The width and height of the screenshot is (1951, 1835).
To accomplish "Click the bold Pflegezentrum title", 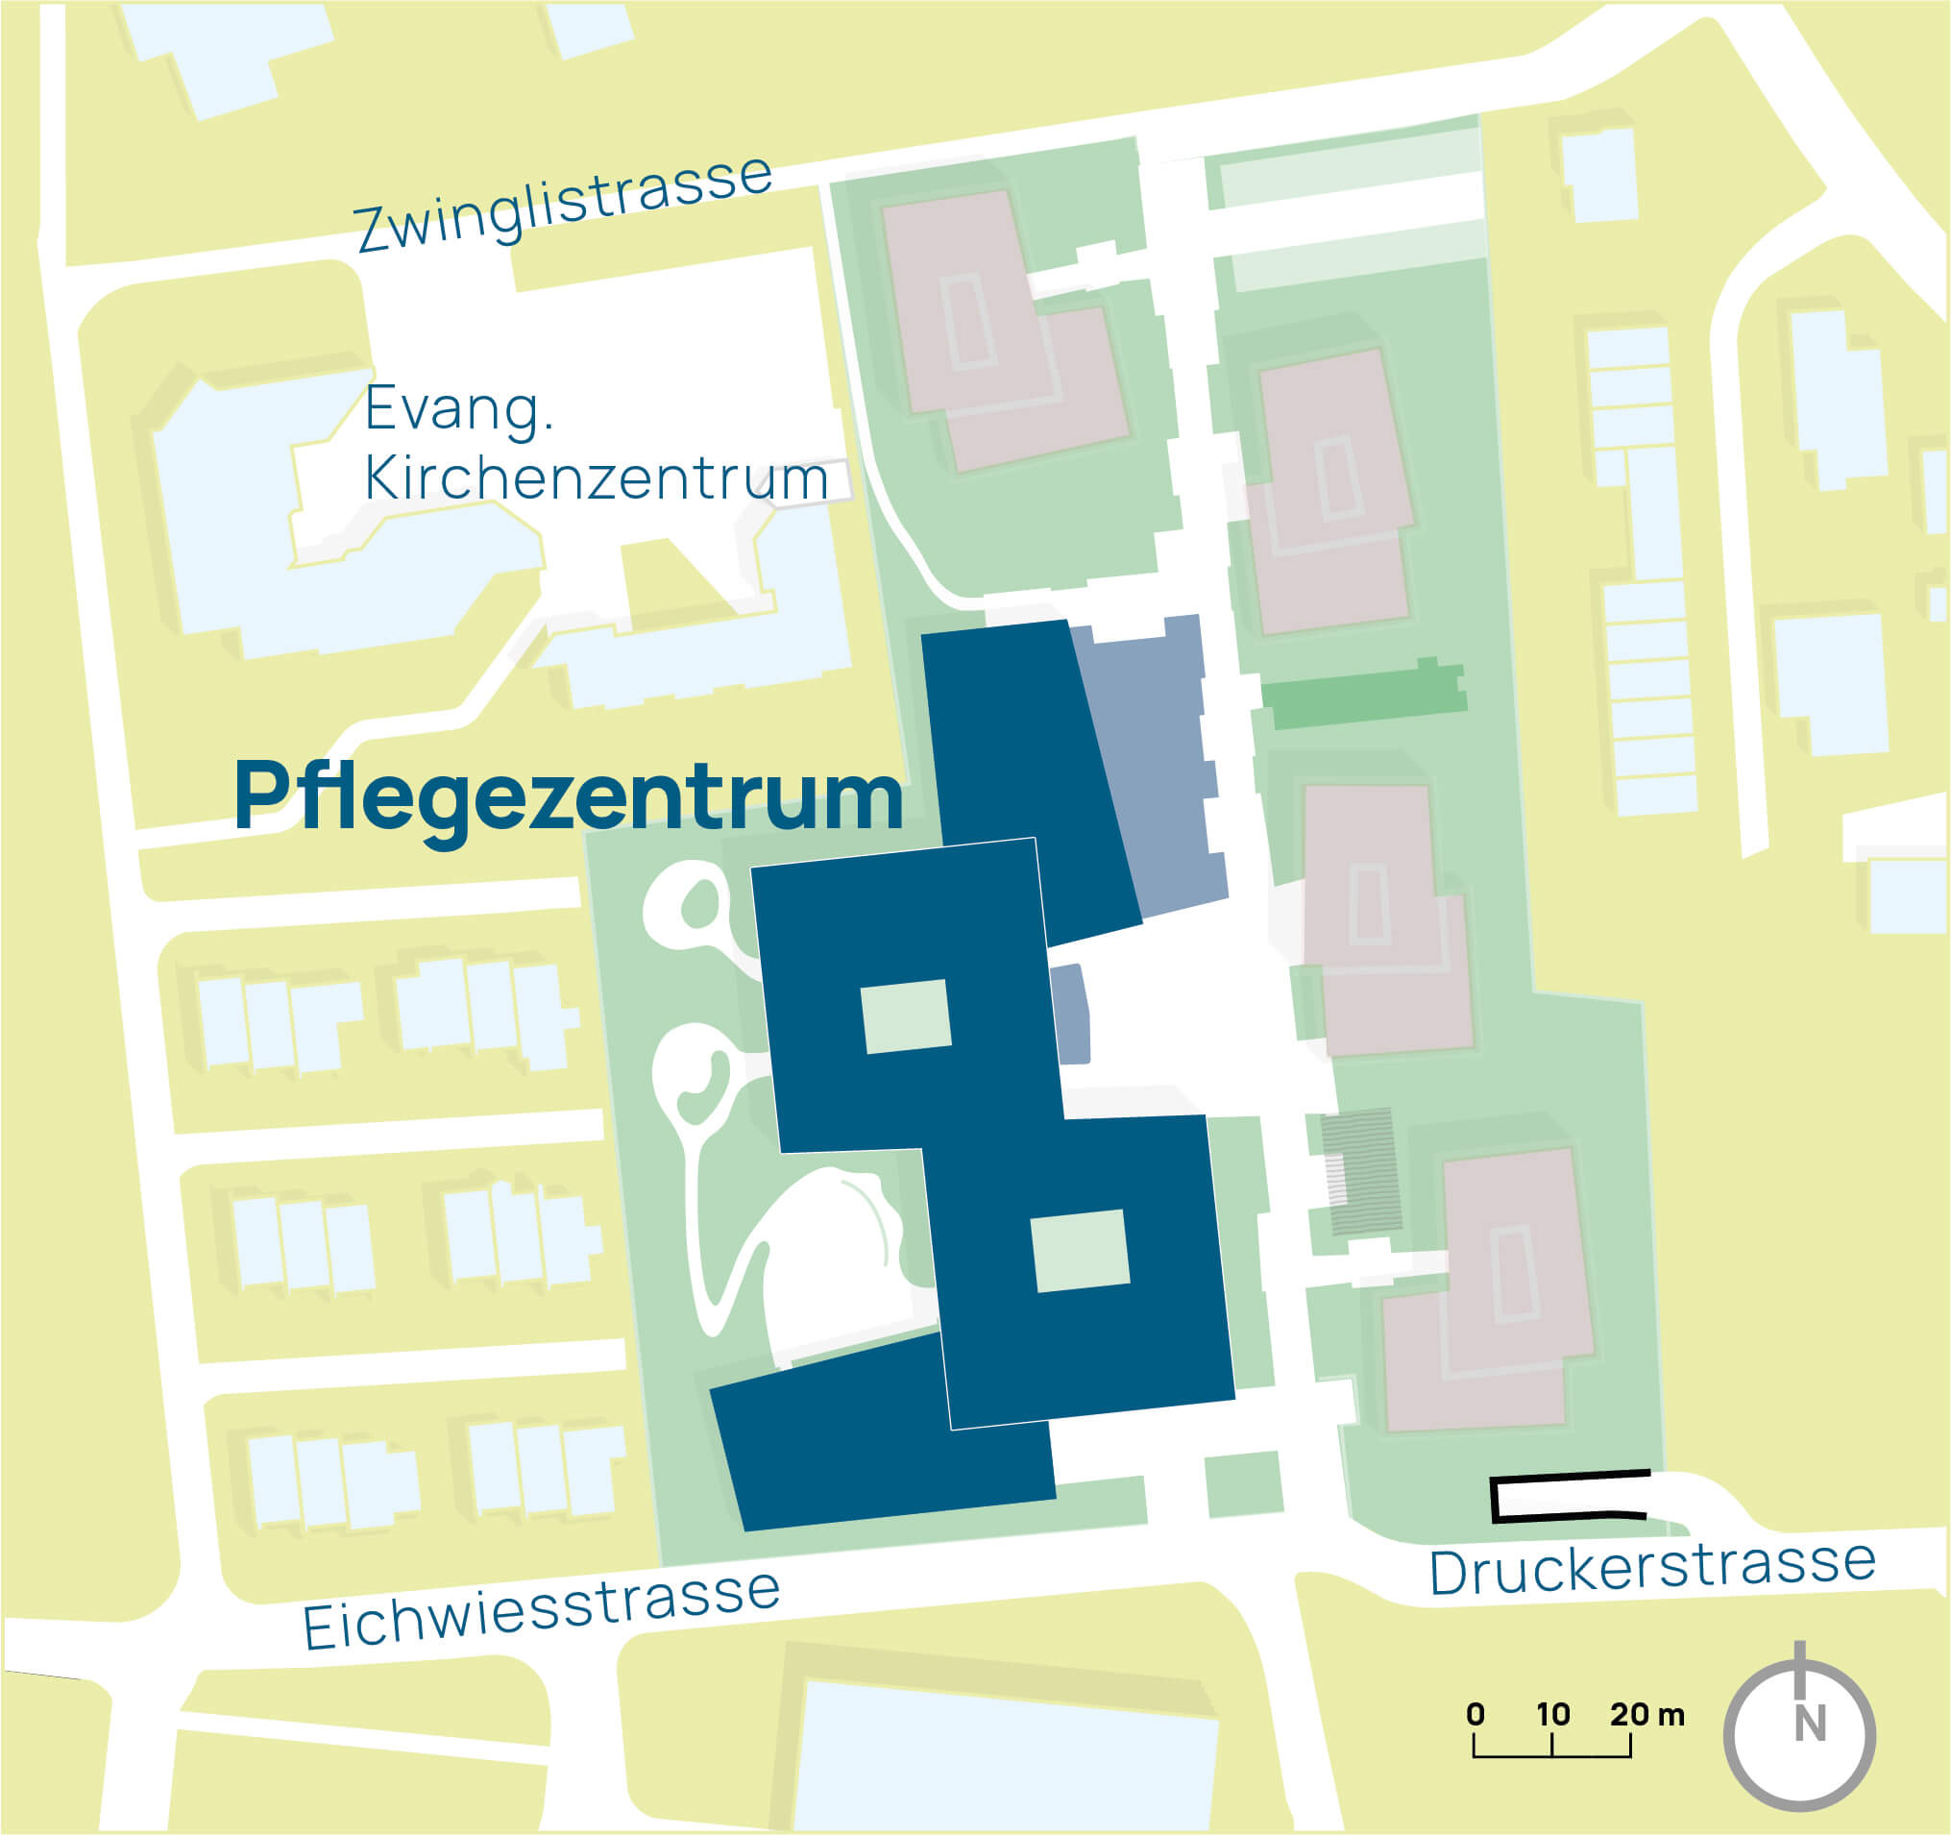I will [x=569, y=796].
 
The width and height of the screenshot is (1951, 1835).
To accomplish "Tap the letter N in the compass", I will [x=1811, y=1725].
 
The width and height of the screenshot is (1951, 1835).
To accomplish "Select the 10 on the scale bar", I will [x=1553, y=1713].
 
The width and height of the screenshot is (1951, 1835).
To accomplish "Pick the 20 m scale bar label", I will [x=1646, y=1713].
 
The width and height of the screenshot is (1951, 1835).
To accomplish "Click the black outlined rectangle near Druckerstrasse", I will [x=1569, y=1498].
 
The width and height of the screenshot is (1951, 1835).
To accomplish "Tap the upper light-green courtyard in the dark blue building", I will [x=906, y=1016].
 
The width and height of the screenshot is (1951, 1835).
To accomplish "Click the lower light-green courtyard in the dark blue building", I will [x=1080, y=1250].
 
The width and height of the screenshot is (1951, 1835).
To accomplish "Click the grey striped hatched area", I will [x=1360, y=1171].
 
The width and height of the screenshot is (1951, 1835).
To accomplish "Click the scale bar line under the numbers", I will [x=1552, y=1755].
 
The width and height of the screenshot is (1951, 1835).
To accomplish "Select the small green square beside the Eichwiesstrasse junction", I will [x=1243, y=1483].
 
